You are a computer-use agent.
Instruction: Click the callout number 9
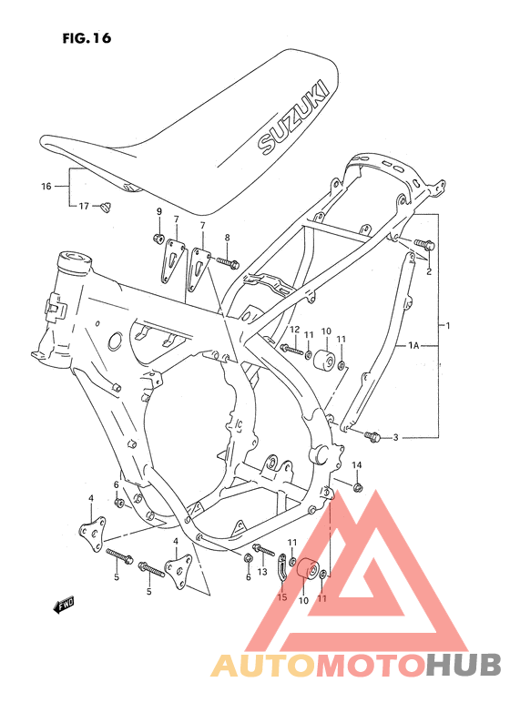click(x=158, y=212)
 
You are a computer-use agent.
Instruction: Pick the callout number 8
click(x=227, y=237)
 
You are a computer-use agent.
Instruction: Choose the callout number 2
click(x=428, y=270)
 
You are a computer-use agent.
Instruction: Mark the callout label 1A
click(x=413, y=346)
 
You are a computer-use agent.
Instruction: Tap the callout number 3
click(x=396, y=438)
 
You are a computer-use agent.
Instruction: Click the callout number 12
click(x=294, y=330)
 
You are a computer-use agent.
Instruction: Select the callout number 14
click(x=357, y=465)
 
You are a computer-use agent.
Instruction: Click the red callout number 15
click(x=282, y=597)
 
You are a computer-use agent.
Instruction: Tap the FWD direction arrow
click(x=65, y=604)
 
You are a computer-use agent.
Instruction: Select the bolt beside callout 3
click(x=374, y=437)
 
